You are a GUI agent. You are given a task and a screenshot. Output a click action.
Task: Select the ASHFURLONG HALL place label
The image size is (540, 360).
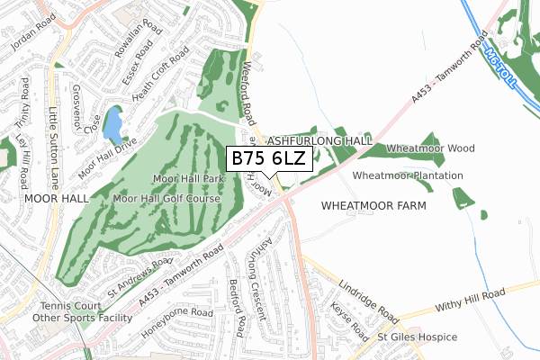(319, 142)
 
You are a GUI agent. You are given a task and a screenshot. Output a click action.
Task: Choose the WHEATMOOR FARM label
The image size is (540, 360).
(372, 205)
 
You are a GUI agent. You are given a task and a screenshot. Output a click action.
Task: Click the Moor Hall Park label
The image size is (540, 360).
(187, 179)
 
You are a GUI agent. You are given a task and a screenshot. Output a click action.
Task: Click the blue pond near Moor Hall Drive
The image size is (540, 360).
(112, 126)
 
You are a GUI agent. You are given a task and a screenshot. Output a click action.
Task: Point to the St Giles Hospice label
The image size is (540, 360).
(417, 337)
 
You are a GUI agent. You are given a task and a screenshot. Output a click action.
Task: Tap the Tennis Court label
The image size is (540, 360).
(66, 306)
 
